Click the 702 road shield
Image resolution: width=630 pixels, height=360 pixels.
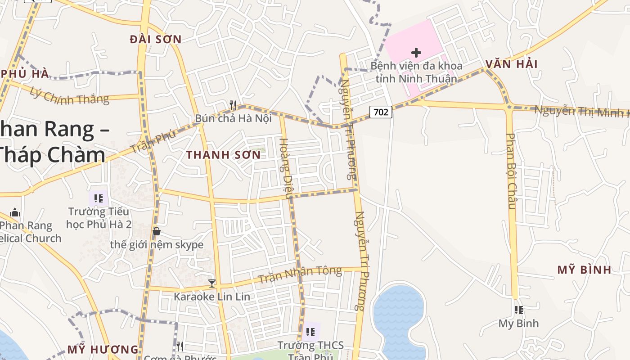[381, 112]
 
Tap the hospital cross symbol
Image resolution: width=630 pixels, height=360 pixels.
[416, 53]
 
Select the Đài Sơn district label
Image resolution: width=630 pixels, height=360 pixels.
[156, 40]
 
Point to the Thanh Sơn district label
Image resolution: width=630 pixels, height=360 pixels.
[223, 155]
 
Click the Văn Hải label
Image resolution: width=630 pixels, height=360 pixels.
[512, 64]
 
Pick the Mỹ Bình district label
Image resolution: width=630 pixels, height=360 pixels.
[584, 270]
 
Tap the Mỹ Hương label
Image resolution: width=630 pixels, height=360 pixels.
[103, 349]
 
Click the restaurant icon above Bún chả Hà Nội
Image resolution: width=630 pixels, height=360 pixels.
[233, 105]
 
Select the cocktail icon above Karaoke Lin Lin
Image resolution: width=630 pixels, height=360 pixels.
[212, 283]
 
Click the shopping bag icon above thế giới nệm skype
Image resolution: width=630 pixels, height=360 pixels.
[157, 231]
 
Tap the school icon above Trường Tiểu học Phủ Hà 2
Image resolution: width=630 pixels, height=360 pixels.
[99, 198]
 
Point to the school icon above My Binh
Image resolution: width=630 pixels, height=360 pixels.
[519, 310]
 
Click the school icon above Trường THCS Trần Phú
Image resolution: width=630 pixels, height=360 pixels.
[310, 332]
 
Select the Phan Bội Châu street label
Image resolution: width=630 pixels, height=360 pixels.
[511, 171]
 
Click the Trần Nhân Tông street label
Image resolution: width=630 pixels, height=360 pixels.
[300, 274]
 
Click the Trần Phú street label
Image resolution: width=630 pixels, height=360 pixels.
[153, 142]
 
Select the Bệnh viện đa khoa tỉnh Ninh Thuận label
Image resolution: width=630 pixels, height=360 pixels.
[416, 72]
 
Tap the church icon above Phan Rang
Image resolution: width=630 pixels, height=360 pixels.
[15, 212]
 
